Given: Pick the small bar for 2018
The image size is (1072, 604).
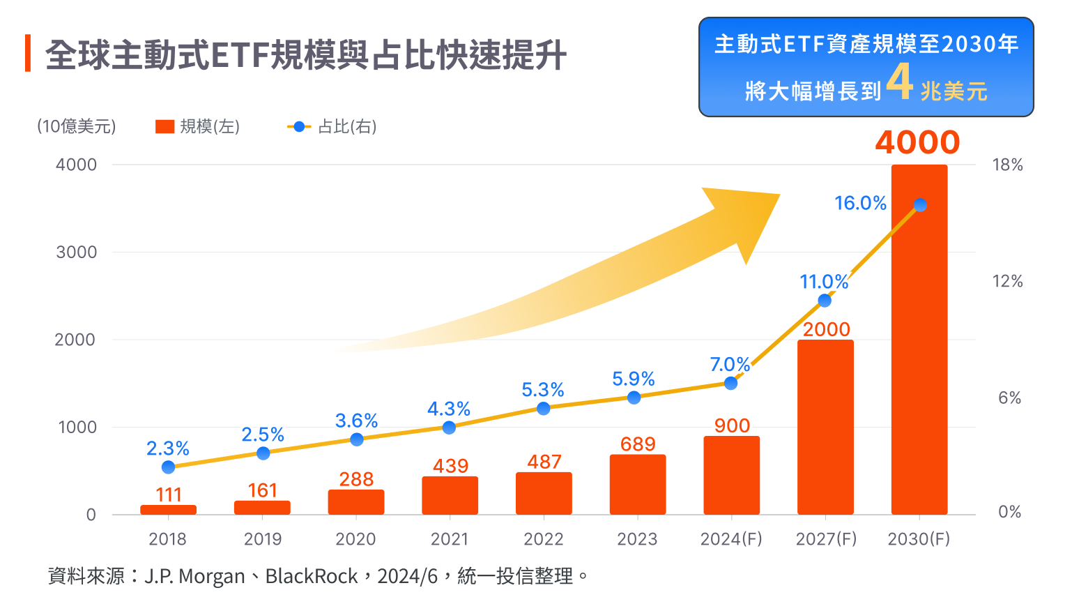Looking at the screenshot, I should (x=168, y=510).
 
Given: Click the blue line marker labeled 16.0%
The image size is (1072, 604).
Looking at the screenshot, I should (x=920, y=205).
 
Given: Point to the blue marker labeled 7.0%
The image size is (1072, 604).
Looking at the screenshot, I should (x=730, y=383).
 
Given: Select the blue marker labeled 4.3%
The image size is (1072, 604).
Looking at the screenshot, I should (x=449, y=428).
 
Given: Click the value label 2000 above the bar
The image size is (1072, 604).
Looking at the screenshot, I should (x=826, y=329).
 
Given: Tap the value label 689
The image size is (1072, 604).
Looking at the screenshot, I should (x=638, y=444).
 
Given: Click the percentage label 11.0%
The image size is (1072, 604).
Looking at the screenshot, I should (x=824, y=282).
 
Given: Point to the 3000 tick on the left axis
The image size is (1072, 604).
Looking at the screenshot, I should (x=76, y=252).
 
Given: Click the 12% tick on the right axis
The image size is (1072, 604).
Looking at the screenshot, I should (x=1007, y=281).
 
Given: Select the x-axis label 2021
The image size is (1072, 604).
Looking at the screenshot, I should (x=450, y=539).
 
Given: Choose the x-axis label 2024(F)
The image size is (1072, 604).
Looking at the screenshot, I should (x=731, y=539).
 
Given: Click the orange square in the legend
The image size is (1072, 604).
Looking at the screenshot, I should (x=164, y=126).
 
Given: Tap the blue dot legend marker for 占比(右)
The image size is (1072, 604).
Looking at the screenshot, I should (x=299, y=127).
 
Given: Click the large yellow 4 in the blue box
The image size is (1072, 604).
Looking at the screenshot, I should (x=900, y=82).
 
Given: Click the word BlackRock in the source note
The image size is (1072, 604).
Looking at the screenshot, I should (x=311, y=576).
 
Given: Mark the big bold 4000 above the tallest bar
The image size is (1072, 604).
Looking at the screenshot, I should (x=917, y=142).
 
